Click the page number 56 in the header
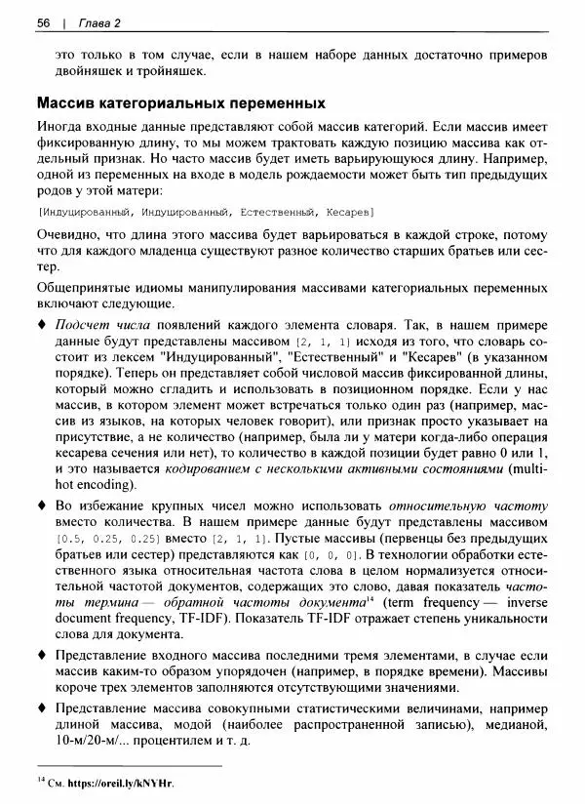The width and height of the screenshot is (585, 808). (x=43, y=22)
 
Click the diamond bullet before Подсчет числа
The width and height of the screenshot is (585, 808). (x=41, y=324)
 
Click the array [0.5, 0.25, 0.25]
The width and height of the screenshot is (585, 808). (x=109, y=539)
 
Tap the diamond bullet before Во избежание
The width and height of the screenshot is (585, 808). (x=41, y=507)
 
